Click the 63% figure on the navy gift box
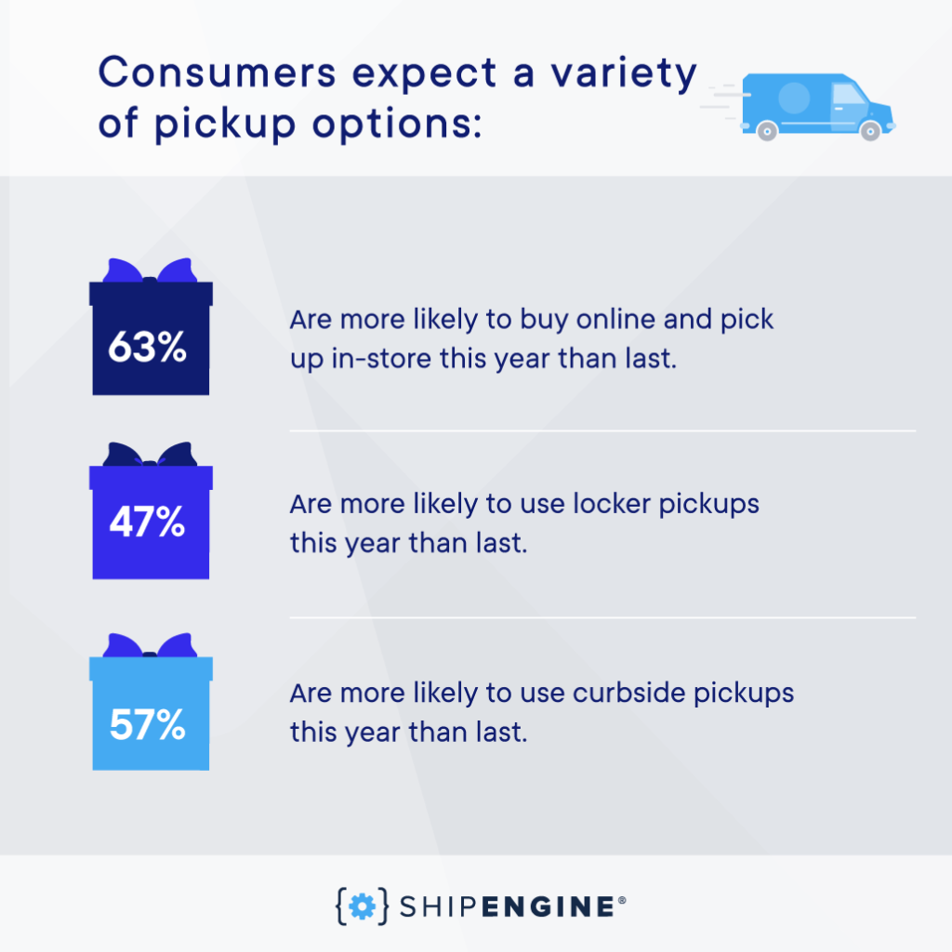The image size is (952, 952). click(147, 348)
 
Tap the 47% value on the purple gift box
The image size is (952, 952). click(147, 522)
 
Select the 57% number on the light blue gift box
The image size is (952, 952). click(147, 724)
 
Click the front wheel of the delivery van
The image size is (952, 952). click(870, 130)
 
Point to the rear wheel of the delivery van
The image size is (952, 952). click(767, 130)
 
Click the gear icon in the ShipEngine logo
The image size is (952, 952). click(363, 906)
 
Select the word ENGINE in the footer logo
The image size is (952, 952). click(549, 906)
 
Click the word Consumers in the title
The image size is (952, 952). click(218, 73)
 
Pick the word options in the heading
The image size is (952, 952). click(397, 126)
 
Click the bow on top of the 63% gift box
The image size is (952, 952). click(150, 271)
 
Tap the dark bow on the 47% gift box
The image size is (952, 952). click(150, 455)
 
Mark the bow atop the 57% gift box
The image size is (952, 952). click(150, 646)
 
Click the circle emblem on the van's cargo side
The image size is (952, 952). click(794, 97)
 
